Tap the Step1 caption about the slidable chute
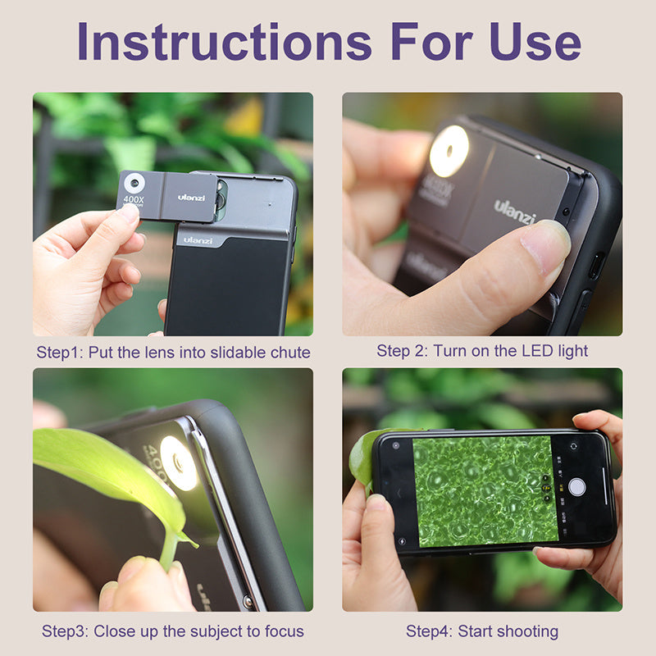pyautogui.click(x=173, y=353)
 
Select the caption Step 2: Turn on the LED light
pyautogui.click(x=482, y=351)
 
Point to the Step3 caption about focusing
pyautogui.click(x=173, y=631)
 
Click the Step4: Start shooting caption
pyautogui.click(x=482, y=631)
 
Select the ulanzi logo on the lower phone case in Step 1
pyautogui.click(x=198, y=240)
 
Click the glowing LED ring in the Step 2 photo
pyautogui.click(x=449, y=151)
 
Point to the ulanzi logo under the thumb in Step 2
pyautogui.click(x=515, y=212)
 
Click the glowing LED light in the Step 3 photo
pyautogui.click(x=179, y=462)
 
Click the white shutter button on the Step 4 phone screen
pyautogui.click(x=577, y=486)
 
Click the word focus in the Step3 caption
pyautogui.click(x=285, y=631)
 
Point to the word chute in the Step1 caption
pyautogui.click(x=291, y=353)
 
